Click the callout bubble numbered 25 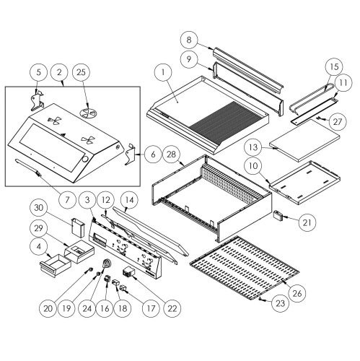[x=82, y=72]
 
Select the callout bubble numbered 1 [x=163, y=72]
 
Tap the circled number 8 [x=189, y=40]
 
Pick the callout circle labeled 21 [x=307, y=223]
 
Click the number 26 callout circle [x=297, y=293]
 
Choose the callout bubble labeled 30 [x=39, y=207]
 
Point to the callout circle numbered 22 [x=172, y=308]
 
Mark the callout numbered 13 [x=253, y=147]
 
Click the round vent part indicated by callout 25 [x=87, y=113]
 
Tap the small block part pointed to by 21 [x=278, y=214]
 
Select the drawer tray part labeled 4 [x=55, y=265]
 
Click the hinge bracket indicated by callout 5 [x=37, y=100]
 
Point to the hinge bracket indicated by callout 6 [x=131, y=154]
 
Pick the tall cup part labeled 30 [x=78, y=227]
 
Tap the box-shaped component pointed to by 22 [x=129, y=272]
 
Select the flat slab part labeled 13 [x=305, y=140]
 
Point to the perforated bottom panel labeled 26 [x=245, y=268]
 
